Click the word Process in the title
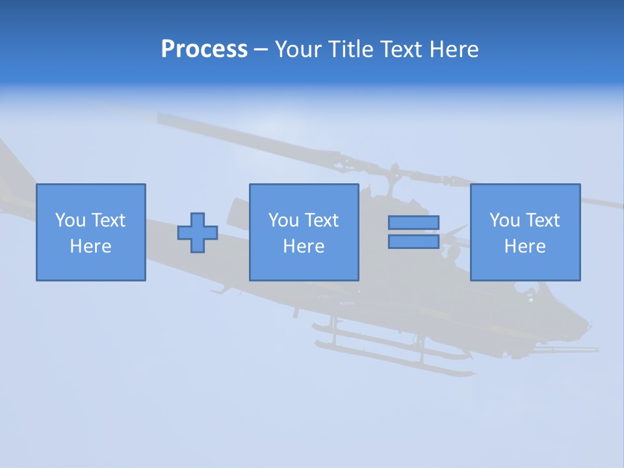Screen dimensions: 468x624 (x=204, y=49)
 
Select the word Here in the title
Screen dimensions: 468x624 (x=454, y=49)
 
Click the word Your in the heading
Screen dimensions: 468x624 (x=298, y=49)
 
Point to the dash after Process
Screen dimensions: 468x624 (x=261, y=50)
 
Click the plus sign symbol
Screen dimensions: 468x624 (x=198, y=233)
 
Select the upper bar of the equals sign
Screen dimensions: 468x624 (x=413, y=223)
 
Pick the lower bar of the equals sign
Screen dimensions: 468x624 (x=413, y=241)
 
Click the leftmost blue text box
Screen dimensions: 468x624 (x=91, y=232)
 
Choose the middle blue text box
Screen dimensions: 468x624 (x=304, y=232)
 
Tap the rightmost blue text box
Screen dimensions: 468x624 (x=525, y=232)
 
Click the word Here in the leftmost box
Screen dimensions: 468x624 (x=91, y=246)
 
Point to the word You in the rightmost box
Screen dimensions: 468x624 (x=504, y=220)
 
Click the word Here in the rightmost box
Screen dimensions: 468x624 (x=525, y=246)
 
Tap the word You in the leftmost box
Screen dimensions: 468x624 (x=70, y=220)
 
